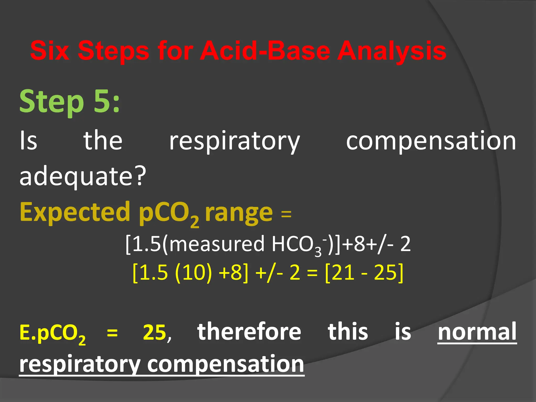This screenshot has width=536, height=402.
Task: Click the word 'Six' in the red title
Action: click(50, 51)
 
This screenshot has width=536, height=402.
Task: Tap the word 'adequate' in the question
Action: click(76, 176)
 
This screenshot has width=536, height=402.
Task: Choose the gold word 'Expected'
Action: click(75, 212)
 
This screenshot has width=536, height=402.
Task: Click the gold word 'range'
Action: click(239, 213)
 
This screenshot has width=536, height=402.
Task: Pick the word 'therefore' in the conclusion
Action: click(249, 332)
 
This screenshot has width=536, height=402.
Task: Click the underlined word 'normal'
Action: click(477, 332)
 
